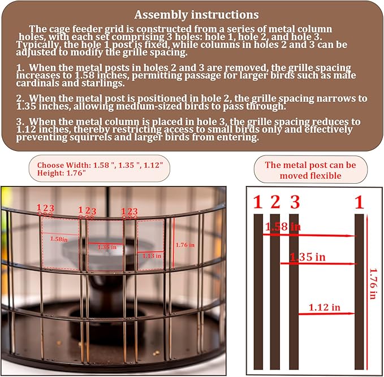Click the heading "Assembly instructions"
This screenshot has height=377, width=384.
(x=196, y=15)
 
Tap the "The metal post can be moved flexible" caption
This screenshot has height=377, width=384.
(x=310, y=170)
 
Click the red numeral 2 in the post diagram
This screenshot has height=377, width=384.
(x=275, y=202)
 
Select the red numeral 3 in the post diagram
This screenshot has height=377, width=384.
(x=294, y=202)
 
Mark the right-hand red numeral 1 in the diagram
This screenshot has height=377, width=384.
(x=359, y=202)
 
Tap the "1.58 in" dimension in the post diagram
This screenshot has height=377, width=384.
(x=283, y=227)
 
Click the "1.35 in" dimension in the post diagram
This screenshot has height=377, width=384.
(x=307, y=257)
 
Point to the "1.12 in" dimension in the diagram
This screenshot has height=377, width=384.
(x=325, y=307)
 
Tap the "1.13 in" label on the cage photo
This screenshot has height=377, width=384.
(x=150, y=255)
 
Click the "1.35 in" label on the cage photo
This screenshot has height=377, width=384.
(x=107, y=247)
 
